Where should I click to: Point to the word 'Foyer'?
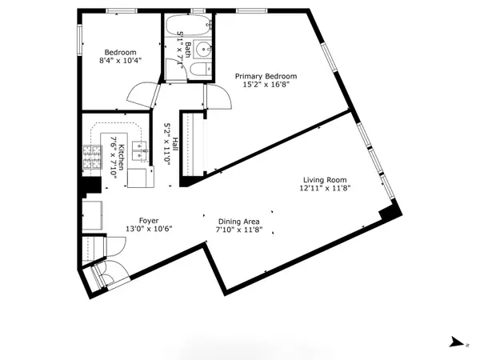tap(150, 221)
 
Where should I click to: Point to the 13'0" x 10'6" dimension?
tap(150, 230)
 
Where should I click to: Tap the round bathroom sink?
tap(202, 46)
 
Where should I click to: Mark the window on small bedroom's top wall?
tap(120, 10)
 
